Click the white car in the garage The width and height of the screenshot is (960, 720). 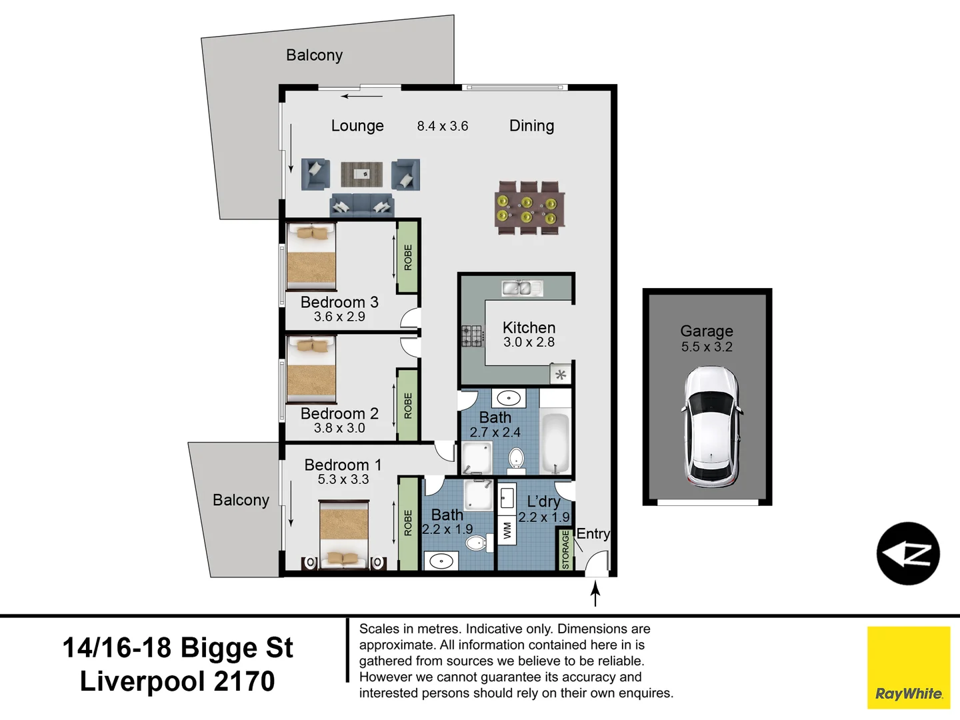711,427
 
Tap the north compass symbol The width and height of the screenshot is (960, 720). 908,554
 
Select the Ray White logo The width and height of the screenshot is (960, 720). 909,667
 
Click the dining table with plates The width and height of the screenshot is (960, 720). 530,209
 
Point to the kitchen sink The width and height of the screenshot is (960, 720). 522,288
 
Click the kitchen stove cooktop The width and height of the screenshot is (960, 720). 473,336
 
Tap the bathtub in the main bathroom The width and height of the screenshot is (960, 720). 555,443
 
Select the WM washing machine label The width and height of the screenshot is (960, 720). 507,531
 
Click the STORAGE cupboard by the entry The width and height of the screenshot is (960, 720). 565,549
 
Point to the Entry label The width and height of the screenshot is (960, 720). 593,534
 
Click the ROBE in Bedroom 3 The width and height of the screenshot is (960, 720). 407,257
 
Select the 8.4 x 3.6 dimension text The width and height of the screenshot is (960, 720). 443,126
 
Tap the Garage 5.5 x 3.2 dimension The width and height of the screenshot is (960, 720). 707,347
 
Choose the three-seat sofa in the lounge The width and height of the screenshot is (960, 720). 361,206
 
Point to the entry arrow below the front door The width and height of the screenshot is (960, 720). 595,593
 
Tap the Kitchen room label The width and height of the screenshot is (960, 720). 529,327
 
